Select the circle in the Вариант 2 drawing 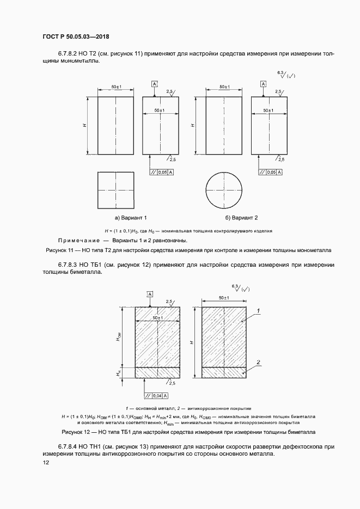[224, 191]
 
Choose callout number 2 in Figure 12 [259, 362]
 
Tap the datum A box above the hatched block [149, 295]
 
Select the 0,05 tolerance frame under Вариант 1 [161, 172]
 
